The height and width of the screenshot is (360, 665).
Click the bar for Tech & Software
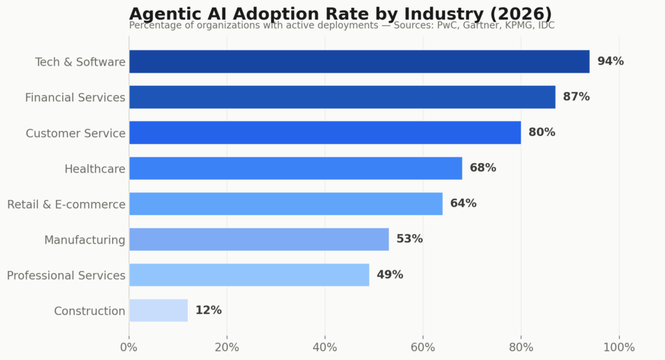(359, 62)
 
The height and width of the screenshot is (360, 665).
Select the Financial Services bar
(342, 97)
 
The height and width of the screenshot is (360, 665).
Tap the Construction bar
(158, 311)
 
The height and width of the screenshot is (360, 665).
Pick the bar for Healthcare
(295, 168)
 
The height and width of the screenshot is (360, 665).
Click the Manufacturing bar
(258, 240)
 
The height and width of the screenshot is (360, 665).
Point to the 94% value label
(610, 62)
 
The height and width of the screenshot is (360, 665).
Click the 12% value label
(208, 311)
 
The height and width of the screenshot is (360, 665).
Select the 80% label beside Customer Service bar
(542, 133)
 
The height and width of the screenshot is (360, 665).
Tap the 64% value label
(463, 203)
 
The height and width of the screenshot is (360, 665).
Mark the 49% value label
(390, 275)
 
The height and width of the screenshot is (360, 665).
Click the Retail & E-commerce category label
(66, 205)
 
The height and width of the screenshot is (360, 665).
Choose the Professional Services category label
(66, 276)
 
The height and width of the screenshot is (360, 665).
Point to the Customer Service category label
(75, 133)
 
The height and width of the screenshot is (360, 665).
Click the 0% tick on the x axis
(129, 347)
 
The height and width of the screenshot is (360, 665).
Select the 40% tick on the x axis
(325, 347)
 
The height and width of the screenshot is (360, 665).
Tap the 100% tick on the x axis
(619, 347)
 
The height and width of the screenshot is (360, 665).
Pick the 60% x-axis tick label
(423, 347)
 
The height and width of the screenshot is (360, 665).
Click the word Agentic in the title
(163, 14)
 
